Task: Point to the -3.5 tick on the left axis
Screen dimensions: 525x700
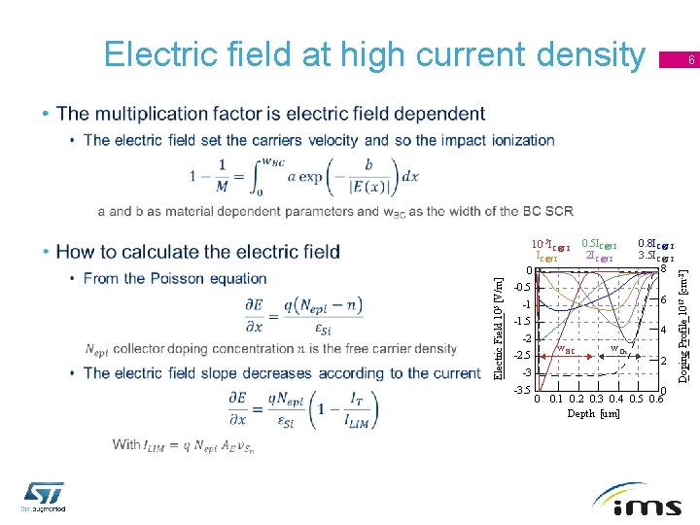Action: (x=523, y=390)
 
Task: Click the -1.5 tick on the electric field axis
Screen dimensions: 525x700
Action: (x=523, y=321)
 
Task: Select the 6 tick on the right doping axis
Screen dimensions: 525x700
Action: (x=663, y=300)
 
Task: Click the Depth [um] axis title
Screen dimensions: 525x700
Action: (x=593, y=414)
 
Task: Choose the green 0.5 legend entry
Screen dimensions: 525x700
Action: (x=597, y=245)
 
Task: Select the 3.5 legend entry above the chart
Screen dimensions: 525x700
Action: (x=655, y=258)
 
